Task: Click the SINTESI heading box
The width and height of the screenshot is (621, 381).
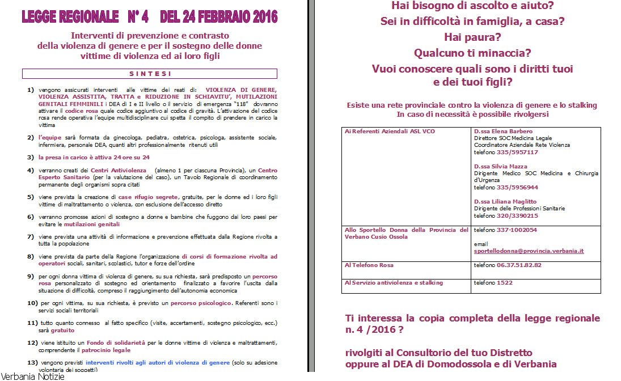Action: tap(150, 74)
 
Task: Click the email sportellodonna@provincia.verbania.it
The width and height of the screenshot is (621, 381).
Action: tap(529, 251)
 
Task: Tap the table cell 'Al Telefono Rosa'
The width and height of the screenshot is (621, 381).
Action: tap(369, 265)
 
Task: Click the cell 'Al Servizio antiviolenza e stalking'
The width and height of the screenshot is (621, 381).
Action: tap(394, 282)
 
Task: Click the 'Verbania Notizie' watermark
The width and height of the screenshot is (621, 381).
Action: tap(33, 376)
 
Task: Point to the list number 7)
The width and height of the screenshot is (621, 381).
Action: tap(31, 236)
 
